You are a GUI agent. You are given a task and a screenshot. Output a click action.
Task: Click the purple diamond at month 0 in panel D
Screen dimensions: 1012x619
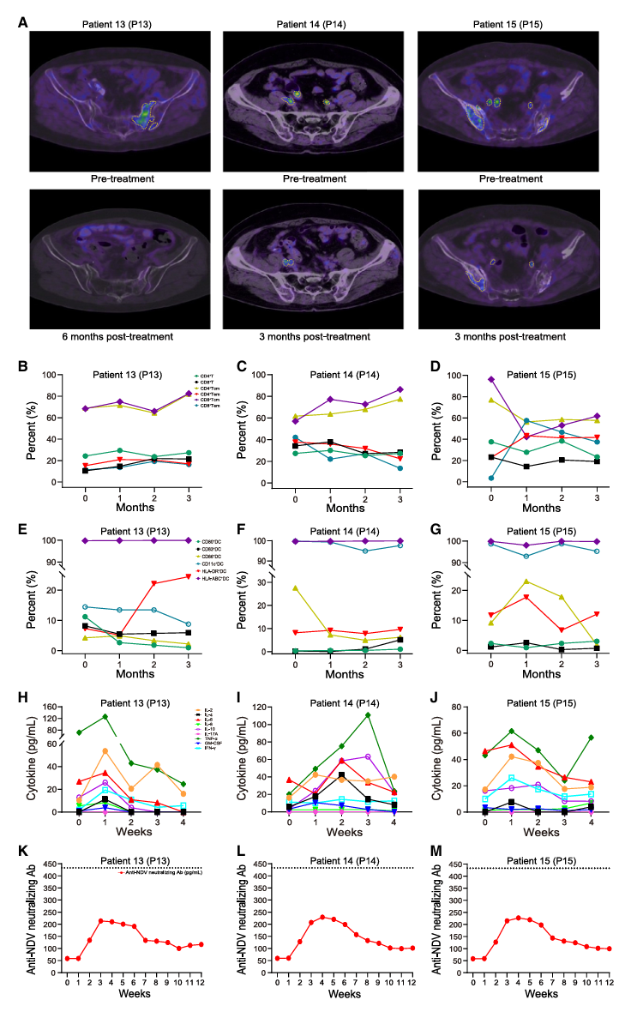coord(491,378)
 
